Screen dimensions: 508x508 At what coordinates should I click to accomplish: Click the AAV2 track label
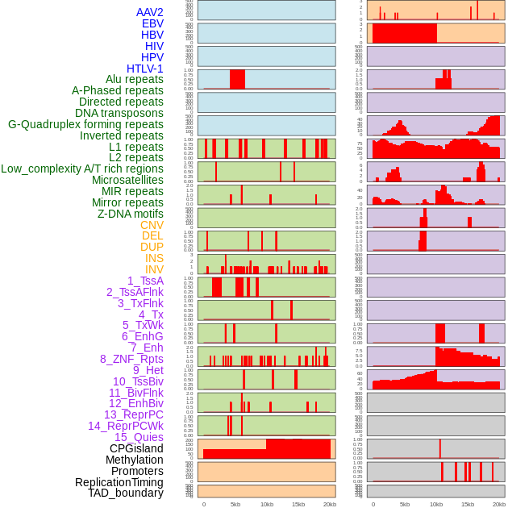tap(150, 12)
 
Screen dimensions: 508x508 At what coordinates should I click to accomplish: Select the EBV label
tap(152, 23)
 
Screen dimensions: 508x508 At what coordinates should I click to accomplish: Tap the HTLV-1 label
tap(145, 69)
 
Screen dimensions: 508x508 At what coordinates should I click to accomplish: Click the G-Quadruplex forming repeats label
tap(85, 124)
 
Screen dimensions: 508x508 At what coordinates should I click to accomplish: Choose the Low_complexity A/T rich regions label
tap(82, 169)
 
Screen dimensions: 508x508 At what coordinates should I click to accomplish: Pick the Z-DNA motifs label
tap(130, 214)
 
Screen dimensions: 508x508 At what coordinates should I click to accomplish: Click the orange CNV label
tap(152, 225)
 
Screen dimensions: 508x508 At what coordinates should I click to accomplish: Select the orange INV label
tap(154, 269)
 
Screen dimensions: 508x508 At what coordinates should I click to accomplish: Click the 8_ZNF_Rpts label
tap(131, 359)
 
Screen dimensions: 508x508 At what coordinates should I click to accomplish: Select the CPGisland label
tap(136, 448)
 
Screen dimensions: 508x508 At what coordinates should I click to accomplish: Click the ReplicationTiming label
tap(119, 482)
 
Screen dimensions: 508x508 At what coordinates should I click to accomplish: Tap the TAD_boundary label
tap(126, 493)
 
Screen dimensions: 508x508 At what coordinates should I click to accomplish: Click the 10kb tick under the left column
tap(267, 504)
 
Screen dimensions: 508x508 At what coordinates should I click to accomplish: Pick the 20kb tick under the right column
tap(499, 504)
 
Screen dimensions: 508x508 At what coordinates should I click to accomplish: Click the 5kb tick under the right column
tap(405, 504)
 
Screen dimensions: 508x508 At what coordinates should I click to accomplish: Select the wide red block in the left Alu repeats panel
tap(237, 79)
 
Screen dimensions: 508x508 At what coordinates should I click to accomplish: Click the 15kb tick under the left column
tap(298, 504)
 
